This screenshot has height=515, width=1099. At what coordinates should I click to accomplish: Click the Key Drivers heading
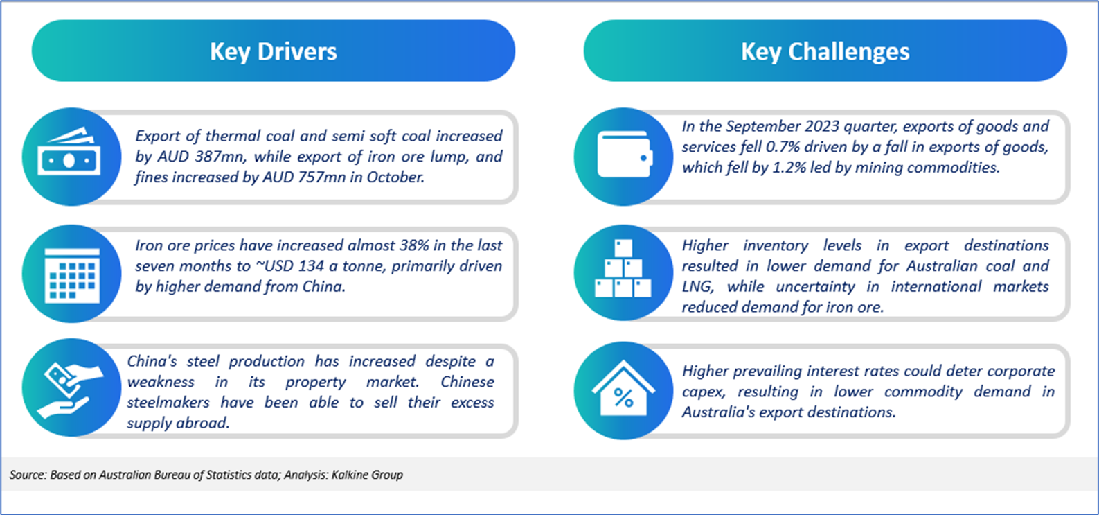click(274, 51)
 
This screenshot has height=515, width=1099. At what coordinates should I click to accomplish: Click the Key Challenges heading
click(825, 51)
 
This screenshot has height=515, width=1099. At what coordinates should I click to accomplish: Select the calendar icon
click(72, 275)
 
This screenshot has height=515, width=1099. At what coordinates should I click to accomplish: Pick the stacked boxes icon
click(623, 268)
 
